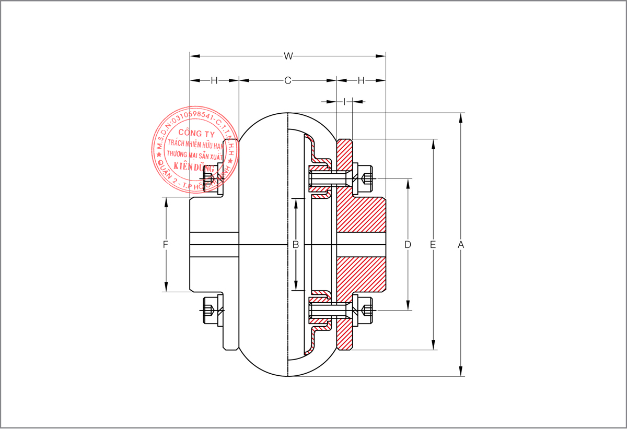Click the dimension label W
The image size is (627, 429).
pos(287,55)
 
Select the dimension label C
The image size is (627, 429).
pos(287,80)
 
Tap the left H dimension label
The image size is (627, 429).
pos(214,80)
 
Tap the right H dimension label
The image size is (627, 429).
pos(361,80)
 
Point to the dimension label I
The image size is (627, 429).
pos(344,101)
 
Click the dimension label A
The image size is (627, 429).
pos(460,244)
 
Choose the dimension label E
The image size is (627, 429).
pos(433,244)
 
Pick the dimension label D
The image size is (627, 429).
pos(408,244)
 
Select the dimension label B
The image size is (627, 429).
pos(296,244)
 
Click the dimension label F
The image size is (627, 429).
pos(166,244)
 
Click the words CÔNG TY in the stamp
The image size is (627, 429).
pos(193,134)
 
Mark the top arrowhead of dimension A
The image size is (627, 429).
pos(460,117)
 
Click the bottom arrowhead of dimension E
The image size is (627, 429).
pos(433,345)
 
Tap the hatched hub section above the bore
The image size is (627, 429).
pos(361,214)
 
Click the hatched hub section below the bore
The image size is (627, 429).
pos(361,274)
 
